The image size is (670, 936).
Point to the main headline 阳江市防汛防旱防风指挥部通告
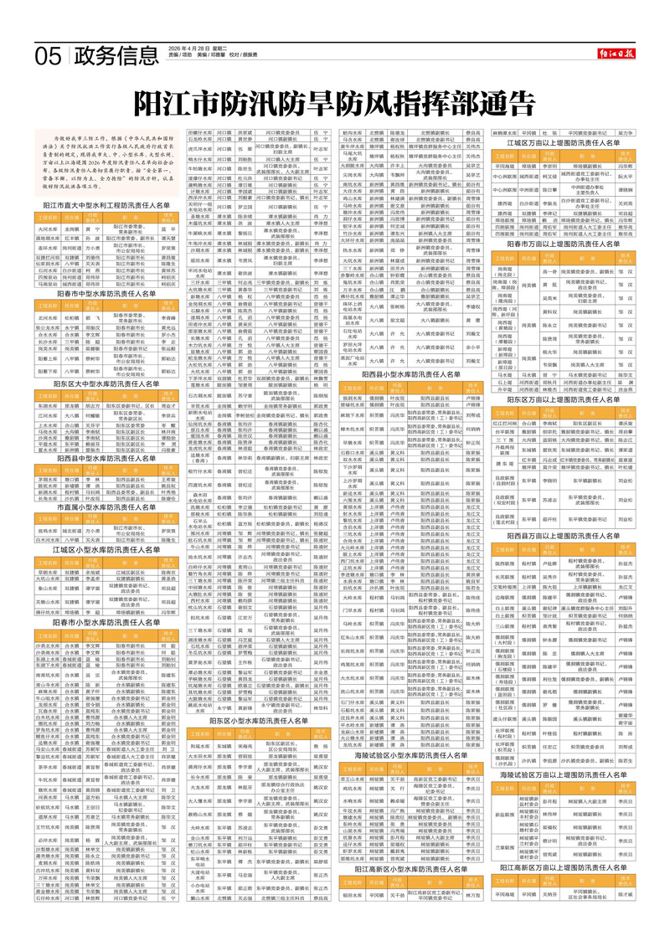coord(334,105)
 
